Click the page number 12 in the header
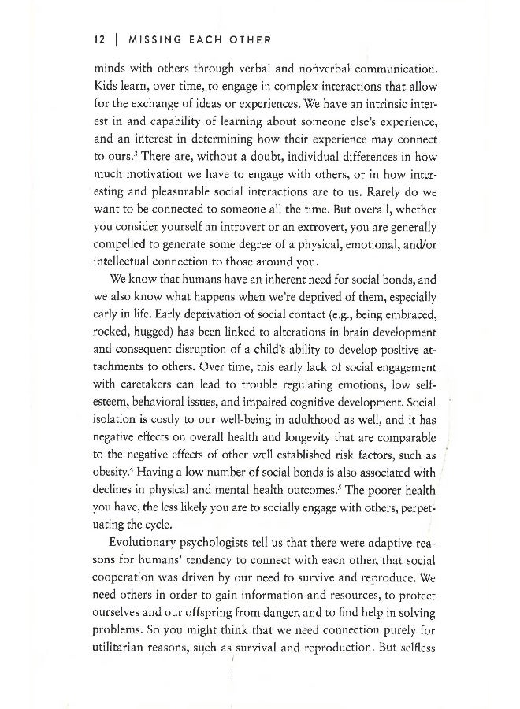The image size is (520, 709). pos(99,40)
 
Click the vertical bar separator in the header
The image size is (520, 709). pos(115,40)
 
